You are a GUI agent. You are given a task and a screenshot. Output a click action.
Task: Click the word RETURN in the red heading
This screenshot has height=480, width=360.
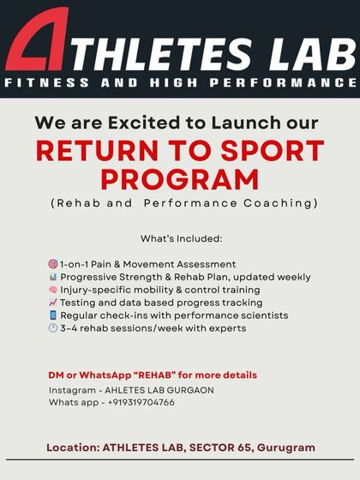tap(94, 151)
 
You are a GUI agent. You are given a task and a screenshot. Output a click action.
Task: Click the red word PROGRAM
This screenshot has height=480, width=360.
tap(180, 179)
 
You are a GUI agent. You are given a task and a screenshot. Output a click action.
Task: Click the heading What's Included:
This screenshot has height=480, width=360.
tap(181, 237)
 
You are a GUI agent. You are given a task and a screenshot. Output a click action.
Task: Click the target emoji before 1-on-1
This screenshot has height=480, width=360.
tap(53, 265)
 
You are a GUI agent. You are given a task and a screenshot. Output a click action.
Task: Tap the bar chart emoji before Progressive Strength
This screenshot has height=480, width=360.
tap(53, 278)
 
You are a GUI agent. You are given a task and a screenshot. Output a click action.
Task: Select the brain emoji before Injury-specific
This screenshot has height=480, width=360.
tap(53, 291)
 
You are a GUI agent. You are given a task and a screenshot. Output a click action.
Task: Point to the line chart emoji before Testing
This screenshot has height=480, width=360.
tap(53, 303)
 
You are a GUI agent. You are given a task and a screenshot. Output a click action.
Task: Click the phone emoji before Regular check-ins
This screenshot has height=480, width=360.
tap(53, 315)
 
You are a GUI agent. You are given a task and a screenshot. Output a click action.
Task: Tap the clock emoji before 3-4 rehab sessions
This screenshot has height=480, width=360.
tap(53, 328)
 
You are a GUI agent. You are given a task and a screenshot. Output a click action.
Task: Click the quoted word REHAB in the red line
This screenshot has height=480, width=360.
tap(149, 375)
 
